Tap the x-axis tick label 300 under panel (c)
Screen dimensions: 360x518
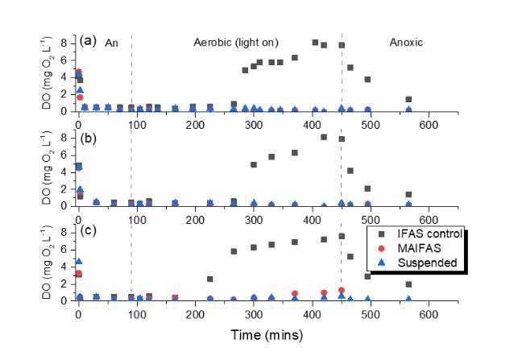pos(254,314)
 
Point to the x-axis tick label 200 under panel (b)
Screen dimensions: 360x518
pos(196,219)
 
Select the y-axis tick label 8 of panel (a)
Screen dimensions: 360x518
pos(68,38)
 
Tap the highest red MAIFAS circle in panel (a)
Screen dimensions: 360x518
pos(78,72)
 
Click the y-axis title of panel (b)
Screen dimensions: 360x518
pos(50,170)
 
